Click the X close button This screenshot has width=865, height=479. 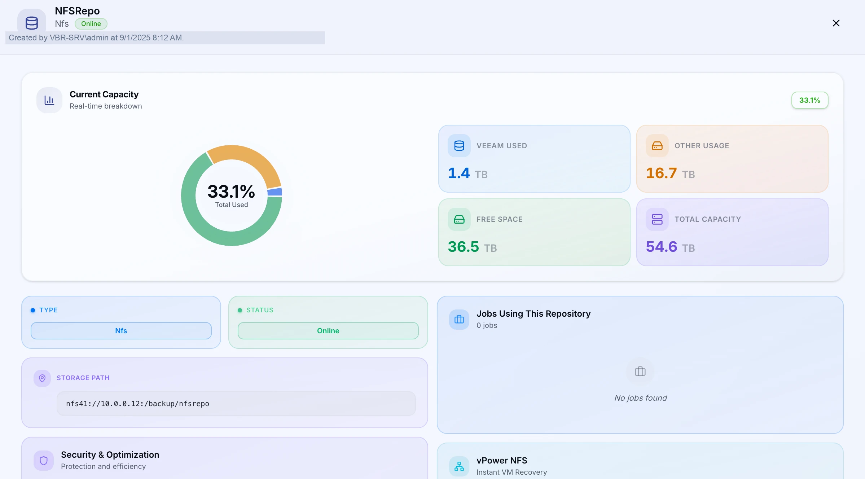(x=836, y=23)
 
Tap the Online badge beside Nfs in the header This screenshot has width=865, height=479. (x=91, y=24)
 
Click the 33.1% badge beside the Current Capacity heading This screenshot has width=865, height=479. (x=810, y=100)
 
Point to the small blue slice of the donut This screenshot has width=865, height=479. (x=275, y=192)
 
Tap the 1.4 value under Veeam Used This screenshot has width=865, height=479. (x=459, y=173)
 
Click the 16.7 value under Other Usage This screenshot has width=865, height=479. (x=661, y=173)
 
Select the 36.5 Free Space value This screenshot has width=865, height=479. (x=464, y=247)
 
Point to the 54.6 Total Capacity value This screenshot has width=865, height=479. (x=662, y=247)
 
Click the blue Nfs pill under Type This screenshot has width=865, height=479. (x=121, y=331)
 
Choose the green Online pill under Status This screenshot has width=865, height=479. (x=328, y=331)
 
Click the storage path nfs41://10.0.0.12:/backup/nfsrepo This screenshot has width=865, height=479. (x=137, y=404)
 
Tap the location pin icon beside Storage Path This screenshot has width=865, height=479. (x=42, y=378)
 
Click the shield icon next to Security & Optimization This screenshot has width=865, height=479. (x=44, y=461)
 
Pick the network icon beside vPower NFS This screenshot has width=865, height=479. (x=459, y=466)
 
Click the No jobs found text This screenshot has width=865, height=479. (x=641, y=398)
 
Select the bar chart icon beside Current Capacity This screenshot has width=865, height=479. (x=49, y=100)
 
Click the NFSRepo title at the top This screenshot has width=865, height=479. (x=77, y=11)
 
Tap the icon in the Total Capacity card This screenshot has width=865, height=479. (x=657, y=219)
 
